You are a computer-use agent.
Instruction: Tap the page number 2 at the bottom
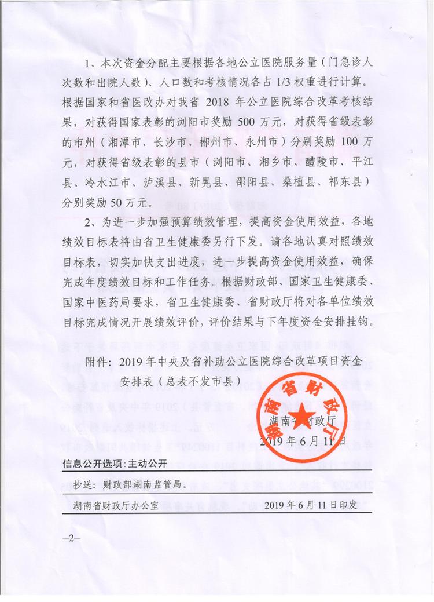click(73, 538)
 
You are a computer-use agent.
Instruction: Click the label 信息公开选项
click(90, 464)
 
